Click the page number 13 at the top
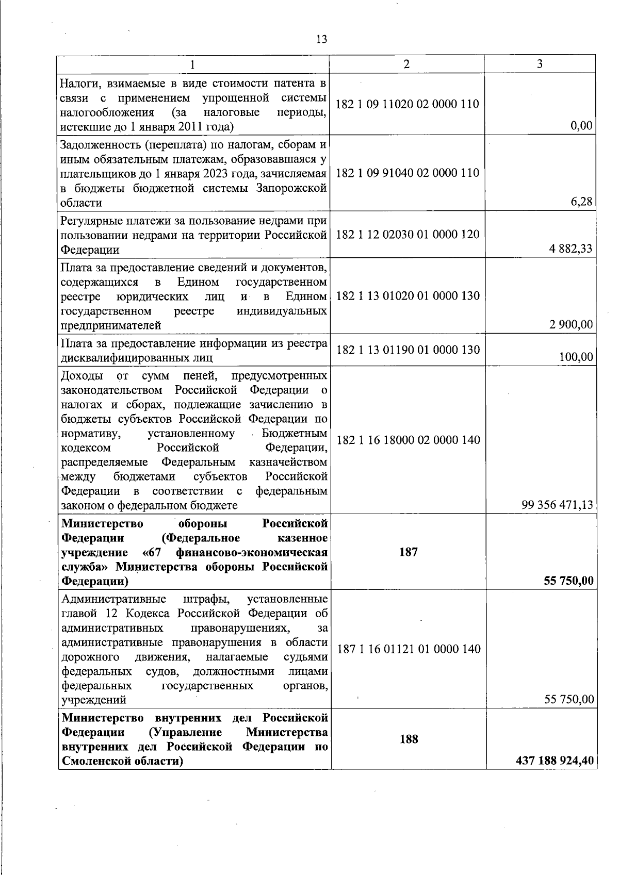(x=321, y=40)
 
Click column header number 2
(x=407, y=64)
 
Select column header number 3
(x=540, y=64)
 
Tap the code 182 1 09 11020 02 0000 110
(x=408, y=104)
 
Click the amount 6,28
(x=581, y=202)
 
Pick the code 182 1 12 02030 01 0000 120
(x=408, y=235)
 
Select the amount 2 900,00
(x=571, y=325)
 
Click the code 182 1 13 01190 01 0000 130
(x=408, y=350)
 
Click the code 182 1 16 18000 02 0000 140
(x=408, y=440)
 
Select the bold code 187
(x=408, y=552)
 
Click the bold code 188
(x=408, y=739)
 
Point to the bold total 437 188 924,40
(x=555, y=761)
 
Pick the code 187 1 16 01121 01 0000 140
(x=409, y=649)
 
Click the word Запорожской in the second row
(x=291, y=188)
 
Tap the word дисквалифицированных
(x=129, y=357)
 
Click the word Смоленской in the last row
(x=92, y=762)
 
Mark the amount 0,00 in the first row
(x=582, y=126)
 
